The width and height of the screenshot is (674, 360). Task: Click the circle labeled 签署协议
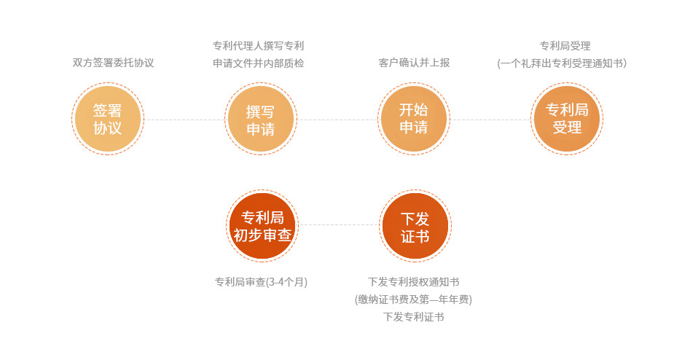pos(107,119)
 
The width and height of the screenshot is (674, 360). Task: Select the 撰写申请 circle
pos(260,119)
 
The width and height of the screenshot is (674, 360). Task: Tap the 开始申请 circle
pos(414,119)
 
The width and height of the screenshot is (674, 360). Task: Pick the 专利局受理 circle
pos(567,119)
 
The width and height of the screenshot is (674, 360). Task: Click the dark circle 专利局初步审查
pos(262,226)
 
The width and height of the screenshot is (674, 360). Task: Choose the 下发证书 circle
pos(415,226)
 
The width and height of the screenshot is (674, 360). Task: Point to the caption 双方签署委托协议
pos(113,63)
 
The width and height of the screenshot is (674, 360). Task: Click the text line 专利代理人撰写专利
pos(259,46)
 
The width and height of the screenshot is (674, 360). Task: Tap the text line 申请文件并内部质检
pos(259,63)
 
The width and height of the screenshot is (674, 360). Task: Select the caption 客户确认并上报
pos(414,63)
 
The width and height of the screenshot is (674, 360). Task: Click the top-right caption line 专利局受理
pos(565,46)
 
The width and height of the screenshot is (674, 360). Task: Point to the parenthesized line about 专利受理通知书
pos(562,63)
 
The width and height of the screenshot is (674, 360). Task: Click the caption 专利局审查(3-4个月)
pos(261,282)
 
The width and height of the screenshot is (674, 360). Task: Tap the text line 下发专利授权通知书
pos(414,282)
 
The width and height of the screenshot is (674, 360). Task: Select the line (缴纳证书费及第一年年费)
pos(414,300)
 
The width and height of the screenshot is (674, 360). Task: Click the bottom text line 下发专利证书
pos(414,317)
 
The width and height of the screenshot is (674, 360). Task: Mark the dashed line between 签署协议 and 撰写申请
pos(184,120)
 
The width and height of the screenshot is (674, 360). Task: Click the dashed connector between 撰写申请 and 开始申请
pos(337,120)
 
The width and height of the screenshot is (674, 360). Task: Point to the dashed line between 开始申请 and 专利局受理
pos(490,120)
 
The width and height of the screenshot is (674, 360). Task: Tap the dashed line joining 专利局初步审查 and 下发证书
pos(339,224)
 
